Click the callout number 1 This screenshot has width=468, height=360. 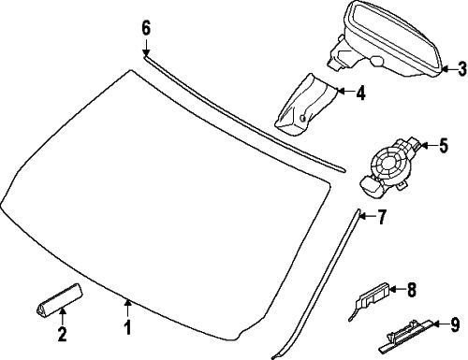pos(127,328)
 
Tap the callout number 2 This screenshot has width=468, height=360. pos(62,334)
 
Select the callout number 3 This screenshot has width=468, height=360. pos(462,69)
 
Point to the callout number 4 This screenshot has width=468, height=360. pos(360,93)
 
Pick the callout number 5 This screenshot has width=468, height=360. pos(444,146)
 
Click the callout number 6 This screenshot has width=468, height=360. pos(146,28)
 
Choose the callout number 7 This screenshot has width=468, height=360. pos(382,217)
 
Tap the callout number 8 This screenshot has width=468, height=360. pos(412,290)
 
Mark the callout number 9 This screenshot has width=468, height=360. pos(455,324)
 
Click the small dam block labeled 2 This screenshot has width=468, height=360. pos(60,300)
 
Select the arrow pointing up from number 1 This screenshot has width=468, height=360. pos(127,309)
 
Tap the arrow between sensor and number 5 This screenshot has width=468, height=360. pos(429,145)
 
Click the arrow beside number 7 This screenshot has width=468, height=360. pos(367,216)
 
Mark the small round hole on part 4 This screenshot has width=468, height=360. pos(302,118)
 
